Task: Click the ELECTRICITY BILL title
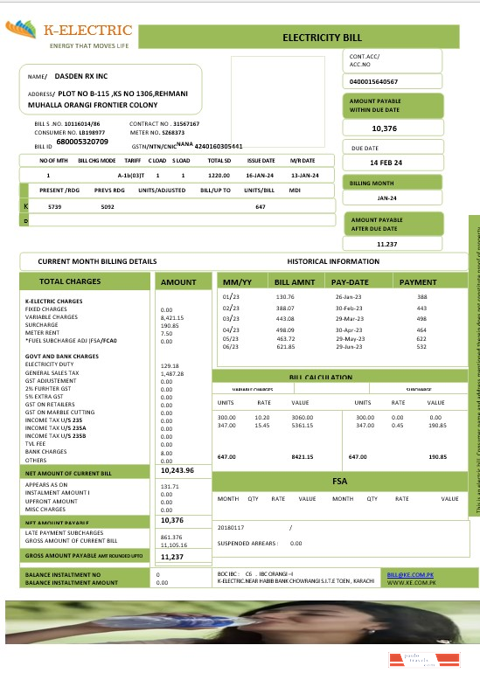pos(321,38)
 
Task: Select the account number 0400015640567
pos(373,81)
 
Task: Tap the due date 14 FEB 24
pos(386,163)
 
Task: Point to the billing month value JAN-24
pos(387,198)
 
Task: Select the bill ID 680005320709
pos(82,141)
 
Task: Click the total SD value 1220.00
pos(218,176)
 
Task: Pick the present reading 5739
pos(54,206)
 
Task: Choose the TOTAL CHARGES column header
pos(76,281)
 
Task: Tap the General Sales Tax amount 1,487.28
pos(173,373)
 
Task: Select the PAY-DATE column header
pos(351,282)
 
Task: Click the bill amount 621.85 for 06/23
pos(285,347)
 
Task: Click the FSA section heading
pos(340,482)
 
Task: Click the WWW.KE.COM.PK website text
pos(407,582)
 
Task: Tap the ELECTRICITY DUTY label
pos(48,365)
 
